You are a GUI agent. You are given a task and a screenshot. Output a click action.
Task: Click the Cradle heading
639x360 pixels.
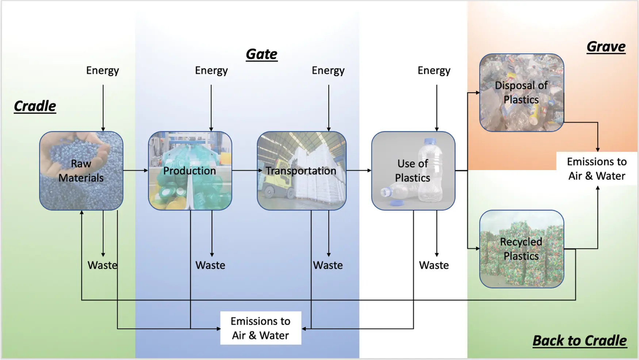[35, 106]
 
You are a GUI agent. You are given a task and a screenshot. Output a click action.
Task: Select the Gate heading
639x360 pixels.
[261, 54]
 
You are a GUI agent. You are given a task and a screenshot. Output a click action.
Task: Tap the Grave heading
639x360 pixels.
[606, 47]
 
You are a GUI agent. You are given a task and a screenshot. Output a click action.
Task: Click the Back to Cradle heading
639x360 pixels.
[579, 340]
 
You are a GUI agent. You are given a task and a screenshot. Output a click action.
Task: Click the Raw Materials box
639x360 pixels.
[81, 171]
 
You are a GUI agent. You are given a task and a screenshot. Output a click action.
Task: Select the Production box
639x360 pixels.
[190, 171]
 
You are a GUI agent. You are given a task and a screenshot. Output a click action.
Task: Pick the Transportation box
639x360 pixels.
[301, 171]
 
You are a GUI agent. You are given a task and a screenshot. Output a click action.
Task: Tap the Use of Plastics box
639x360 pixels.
[413, 171]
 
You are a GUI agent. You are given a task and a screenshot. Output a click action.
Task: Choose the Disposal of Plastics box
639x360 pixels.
[521, 92]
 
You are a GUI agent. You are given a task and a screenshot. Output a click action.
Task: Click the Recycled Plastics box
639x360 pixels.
[521, 249]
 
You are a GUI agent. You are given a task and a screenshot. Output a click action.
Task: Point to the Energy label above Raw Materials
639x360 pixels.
[103, 70]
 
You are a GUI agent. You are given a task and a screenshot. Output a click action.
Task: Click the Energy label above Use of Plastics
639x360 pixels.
[434, 70]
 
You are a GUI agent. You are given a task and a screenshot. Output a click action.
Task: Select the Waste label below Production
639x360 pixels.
[210, 265]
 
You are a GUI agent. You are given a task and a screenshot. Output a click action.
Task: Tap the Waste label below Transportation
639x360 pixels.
[328, 265]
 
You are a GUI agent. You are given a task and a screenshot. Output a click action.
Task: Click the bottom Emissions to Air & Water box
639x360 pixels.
[261, 328]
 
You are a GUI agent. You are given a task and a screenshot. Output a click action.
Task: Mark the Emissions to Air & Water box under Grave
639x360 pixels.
[597, 168]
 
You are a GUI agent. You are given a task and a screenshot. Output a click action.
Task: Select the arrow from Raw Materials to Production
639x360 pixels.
[135, 171]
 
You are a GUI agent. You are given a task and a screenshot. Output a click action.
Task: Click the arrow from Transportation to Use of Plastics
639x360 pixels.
[359, 171]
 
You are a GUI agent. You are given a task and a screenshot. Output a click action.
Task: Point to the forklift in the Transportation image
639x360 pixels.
[272, 186]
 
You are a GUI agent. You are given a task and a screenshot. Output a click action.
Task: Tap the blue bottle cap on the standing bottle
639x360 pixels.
[430, 141]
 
